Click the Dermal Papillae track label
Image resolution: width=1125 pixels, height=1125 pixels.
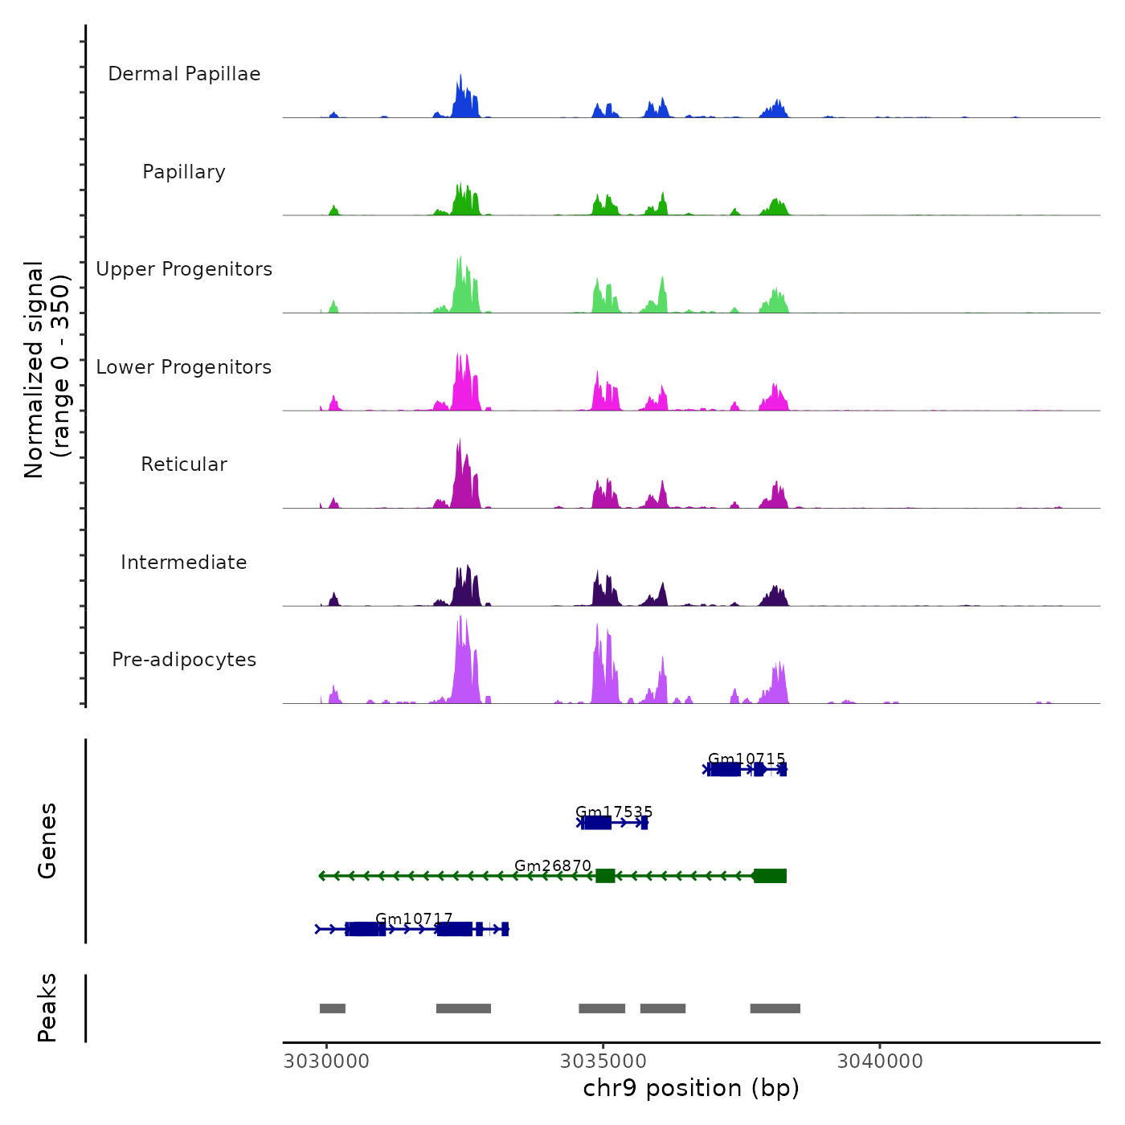(x=184, y=74)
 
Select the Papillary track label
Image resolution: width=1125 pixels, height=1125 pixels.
(x=184, y=172)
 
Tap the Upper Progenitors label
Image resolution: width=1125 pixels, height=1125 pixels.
(x=184, y=269)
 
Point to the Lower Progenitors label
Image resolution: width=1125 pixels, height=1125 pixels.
(x=184, y=367)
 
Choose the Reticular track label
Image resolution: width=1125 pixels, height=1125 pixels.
(x=184, y=464)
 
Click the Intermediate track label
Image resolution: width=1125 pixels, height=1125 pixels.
(x=184, y=562)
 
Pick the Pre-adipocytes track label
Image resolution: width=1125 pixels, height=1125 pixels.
(x=184, y=660)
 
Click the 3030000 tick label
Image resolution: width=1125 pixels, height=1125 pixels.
(x=326, y=1062)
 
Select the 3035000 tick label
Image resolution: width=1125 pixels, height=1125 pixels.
(x=603, y=1062)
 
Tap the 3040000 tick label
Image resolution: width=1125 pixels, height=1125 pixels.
(x=880, y=1062)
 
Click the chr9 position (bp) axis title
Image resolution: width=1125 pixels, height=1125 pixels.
(x=691, y=1089)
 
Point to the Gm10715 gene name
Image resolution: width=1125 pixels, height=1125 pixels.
(x=747, y=759)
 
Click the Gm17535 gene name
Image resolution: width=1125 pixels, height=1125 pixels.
(x=614, y=812)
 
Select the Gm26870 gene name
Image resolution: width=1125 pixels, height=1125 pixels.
(x=553, y=865)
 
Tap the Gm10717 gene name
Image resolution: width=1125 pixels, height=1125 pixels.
(x=414, y=918)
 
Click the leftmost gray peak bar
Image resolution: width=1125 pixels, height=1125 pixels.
(x=333, y=1008)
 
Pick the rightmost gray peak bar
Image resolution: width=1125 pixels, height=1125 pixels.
(x=775, y=1008)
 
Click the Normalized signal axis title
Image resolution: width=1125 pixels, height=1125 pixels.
(x=47, y=370)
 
